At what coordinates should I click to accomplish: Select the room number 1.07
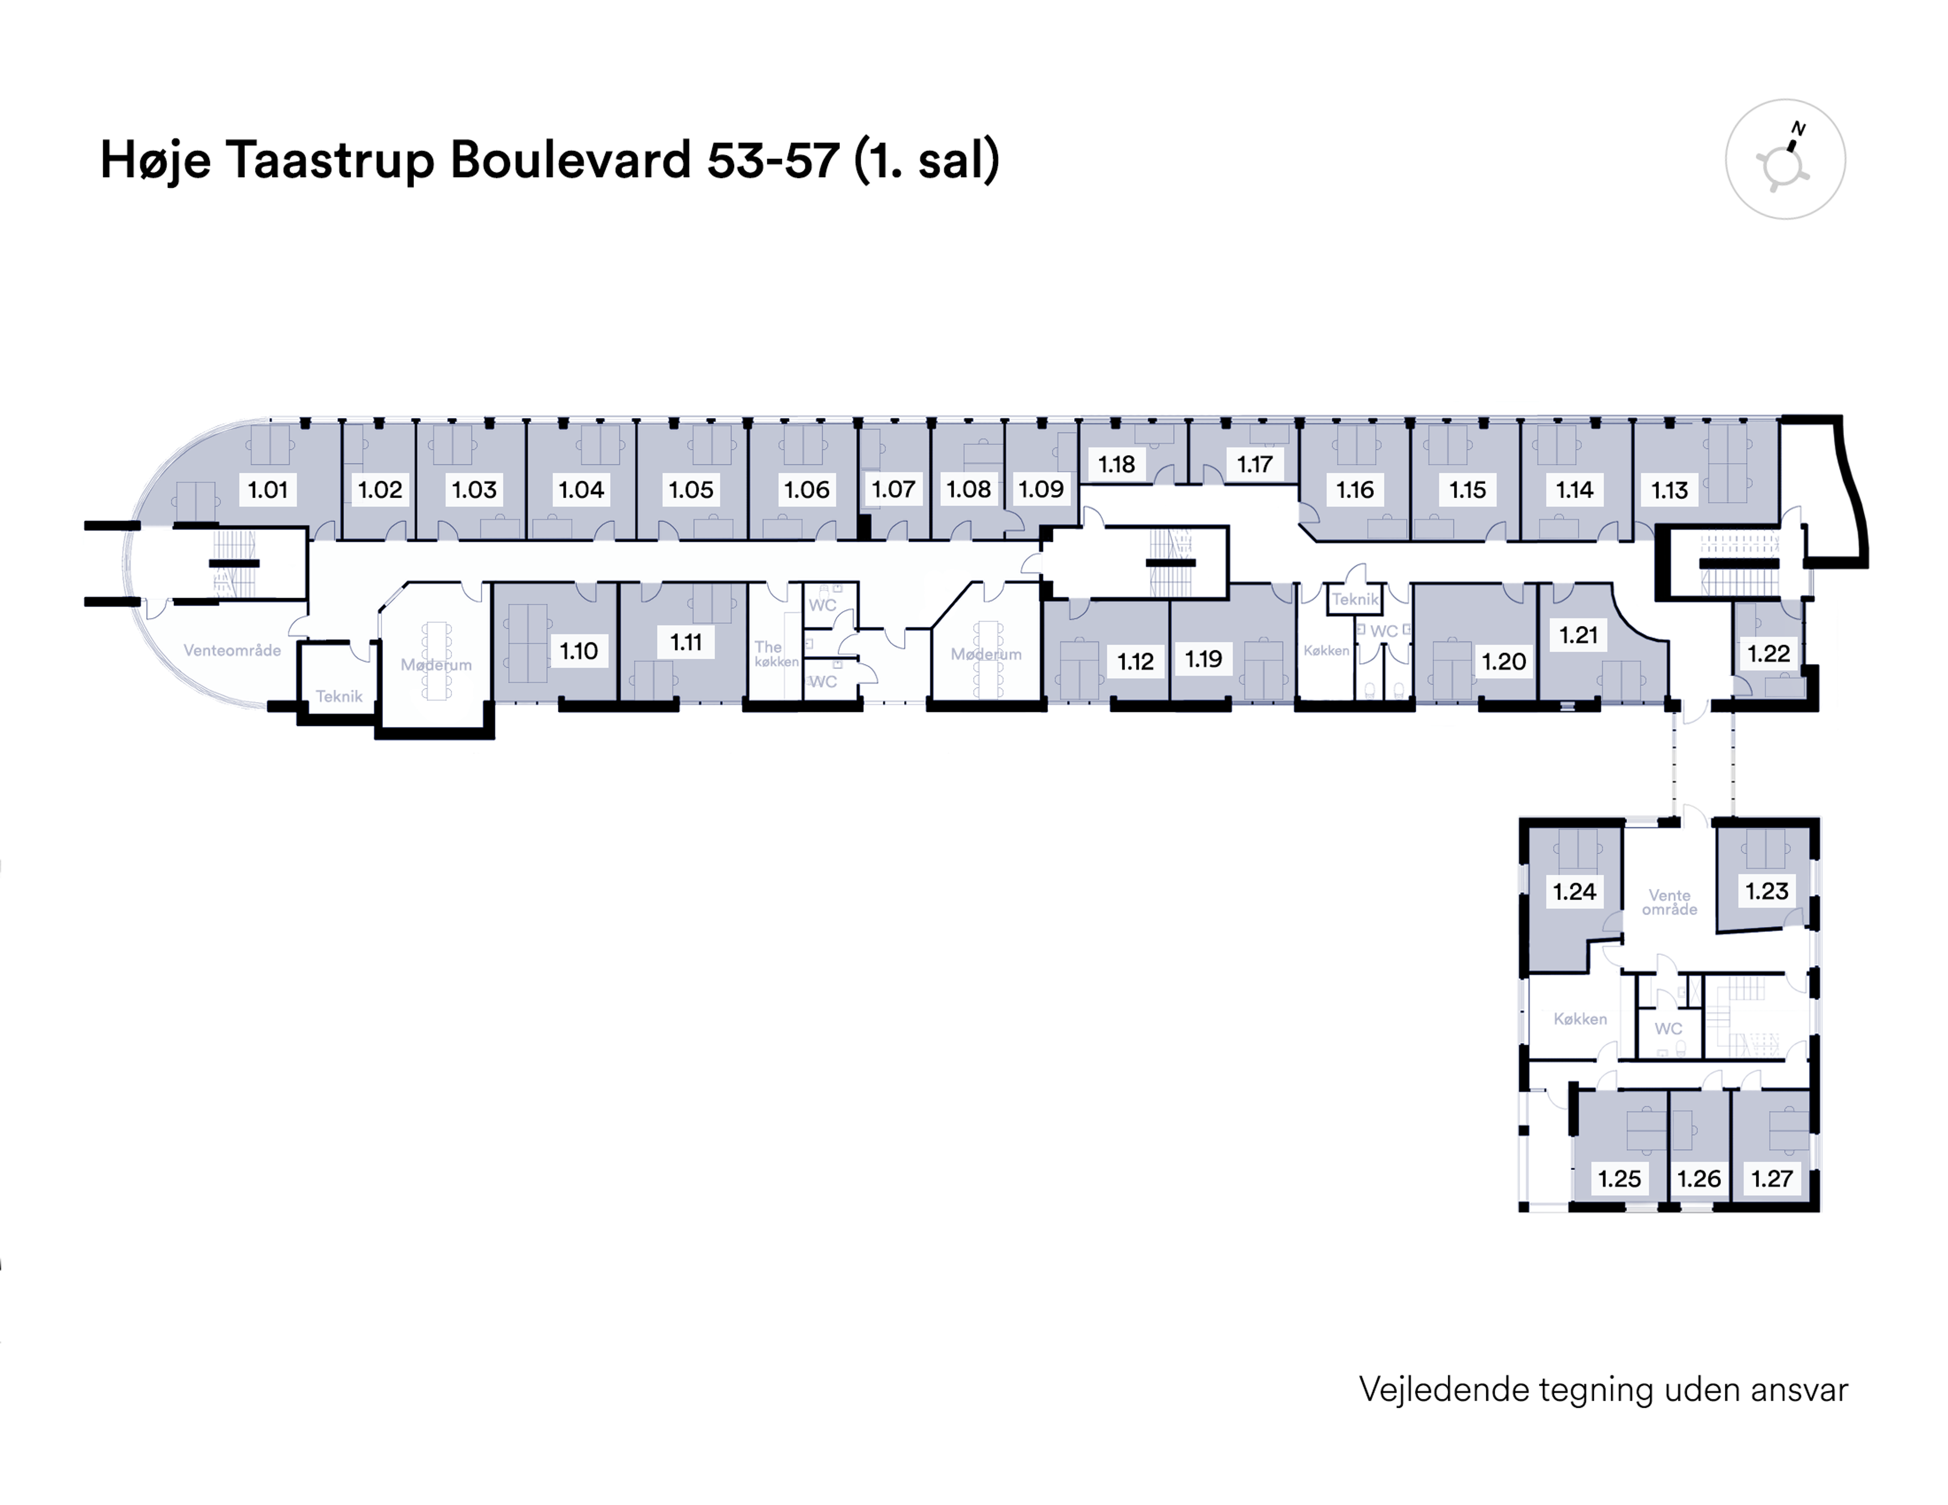pyautogui.click(x=893, y=489)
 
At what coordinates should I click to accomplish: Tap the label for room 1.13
pyautogui.click(x=1669, y=490)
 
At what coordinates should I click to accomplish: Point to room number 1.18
pyautogui.click(x=1116, y=464)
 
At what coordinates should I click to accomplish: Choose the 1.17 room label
pyautogui.click(x=1254, y=464)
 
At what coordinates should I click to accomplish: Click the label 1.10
pyautogui.click(x=578, y=650)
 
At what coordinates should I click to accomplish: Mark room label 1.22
pyautogui.click(x=1768, y=653)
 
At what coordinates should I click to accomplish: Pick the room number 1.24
pyautogui.click(x=1574, y=891)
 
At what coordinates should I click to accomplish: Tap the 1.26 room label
pyautogui.click(x=1698, y=1178)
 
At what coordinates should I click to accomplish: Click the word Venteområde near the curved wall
pyautogui.click(x=232, y=650)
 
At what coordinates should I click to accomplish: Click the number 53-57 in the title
pyautogui.click(x=773, y=161)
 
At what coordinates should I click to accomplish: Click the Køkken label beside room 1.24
pyautogui.click(x=1580, y=1019)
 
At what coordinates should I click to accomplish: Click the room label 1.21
pyautogui.click(x=1578, y=635)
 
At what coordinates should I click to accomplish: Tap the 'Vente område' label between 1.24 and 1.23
pyautogui.click(x=1669, y=902)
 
